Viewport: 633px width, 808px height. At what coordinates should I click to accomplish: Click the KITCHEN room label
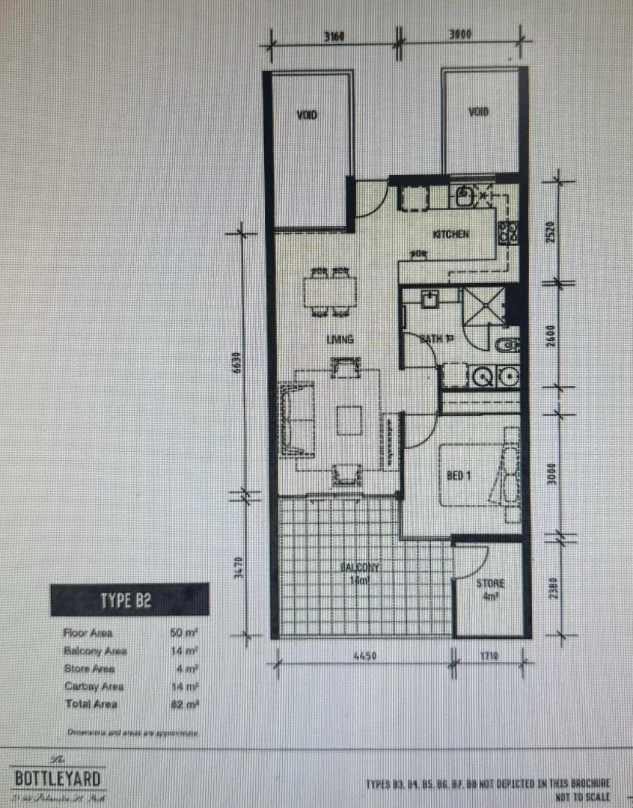(x=450, y=234)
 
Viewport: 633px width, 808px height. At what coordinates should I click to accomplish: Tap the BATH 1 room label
(x=432, y=339)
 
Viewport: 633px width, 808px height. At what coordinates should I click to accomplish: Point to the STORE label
(x=491, y=584)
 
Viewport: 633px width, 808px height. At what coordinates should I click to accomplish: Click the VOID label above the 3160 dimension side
(x=307, y=115)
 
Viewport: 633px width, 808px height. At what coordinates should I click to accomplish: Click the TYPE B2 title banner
(x=129, y=599)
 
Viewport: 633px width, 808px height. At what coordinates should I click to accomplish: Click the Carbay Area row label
(x=94, y=686)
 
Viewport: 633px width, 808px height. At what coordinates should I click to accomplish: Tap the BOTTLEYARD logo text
(x=58, y=778)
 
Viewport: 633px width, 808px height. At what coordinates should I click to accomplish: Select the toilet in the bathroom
(x=508, y=346)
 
